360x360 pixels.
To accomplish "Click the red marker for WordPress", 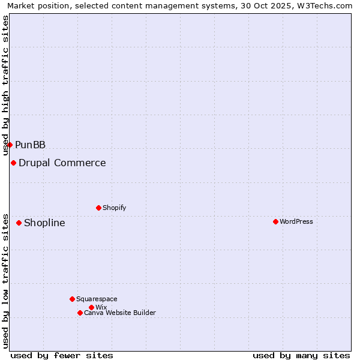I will [275, 221].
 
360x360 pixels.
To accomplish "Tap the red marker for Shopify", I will [98, 208].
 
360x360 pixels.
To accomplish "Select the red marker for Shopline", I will [19, 223].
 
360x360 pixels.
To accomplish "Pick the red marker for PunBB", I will [10, 145].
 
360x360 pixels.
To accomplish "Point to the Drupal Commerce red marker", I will [13, 163].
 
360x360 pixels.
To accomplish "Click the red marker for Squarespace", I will [72, 299].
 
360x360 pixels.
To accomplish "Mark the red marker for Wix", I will [91, 307].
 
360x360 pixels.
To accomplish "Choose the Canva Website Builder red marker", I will [80, 313].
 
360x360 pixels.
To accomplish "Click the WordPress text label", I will [296, 221].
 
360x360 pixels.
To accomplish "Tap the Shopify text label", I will [115, 208].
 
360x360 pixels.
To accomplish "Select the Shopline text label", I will [44, 223].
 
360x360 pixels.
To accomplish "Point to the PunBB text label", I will [30, 145].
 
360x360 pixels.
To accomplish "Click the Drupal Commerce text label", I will [62, 163].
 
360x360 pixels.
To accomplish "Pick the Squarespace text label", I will [97, 299].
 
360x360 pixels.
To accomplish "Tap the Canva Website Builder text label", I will [120, 313].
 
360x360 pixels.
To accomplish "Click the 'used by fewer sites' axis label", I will [62, 355].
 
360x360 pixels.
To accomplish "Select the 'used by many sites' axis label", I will [301, 355].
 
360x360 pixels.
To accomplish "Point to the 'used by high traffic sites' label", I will [6, 85].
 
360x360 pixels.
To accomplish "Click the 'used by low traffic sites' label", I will [6, 280].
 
